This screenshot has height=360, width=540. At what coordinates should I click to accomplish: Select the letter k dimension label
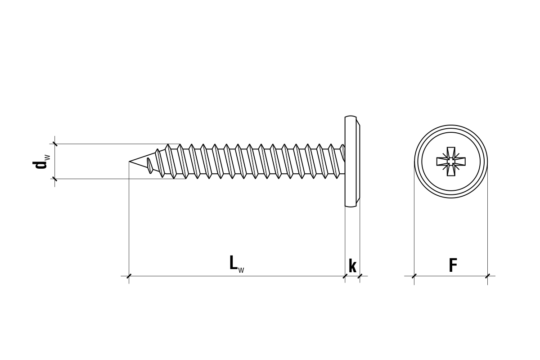coord(352,266)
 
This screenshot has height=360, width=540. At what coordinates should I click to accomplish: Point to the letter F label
coord(453,266)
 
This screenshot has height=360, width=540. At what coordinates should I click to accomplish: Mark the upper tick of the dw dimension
coord(55,144)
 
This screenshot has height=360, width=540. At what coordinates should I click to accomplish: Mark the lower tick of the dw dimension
coord(55,179)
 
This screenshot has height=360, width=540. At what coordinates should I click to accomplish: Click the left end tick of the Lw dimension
coord(129,276)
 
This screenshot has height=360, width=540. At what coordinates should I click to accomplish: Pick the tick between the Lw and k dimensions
coord(345,276)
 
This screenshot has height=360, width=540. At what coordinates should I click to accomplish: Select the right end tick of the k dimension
coord(360,276)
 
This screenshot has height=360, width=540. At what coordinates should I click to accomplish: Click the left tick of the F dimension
coord(414,276)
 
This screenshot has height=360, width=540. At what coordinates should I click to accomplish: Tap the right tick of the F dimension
coord(487,276)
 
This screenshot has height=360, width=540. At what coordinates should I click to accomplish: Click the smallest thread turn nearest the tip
coord(150,165)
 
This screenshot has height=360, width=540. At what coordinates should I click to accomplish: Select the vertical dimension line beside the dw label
coord(55,161)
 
